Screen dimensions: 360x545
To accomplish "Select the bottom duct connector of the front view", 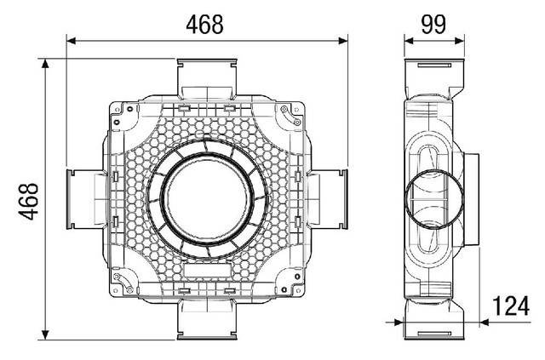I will (207, 323).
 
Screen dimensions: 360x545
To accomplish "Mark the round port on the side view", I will (434, 200).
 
